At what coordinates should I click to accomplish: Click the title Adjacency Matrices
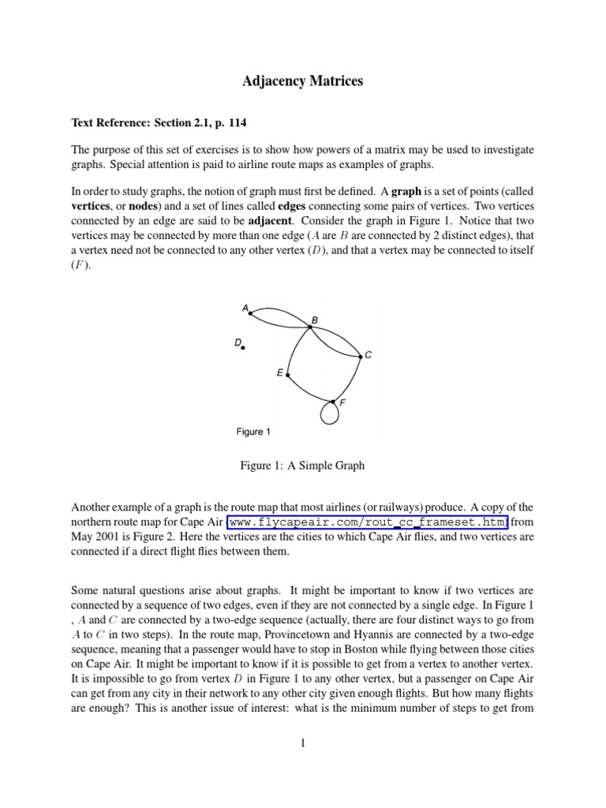coord(302,81)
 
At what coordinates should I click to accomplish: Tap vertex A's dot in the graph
coord(250,313)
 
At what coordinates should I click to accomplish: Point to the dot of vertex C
coord(361,357)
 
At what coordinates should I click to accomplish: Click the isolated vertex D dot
coord(243,347)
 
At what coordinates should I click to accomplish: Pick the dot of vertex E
coord(288,375)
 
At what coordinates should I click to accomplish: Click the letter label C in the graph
coord(368,356)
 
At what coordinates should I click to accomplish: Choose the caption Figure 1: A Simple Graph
coord(302,466)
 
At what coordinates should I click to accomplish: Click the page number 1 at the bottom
coord(302,764)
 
